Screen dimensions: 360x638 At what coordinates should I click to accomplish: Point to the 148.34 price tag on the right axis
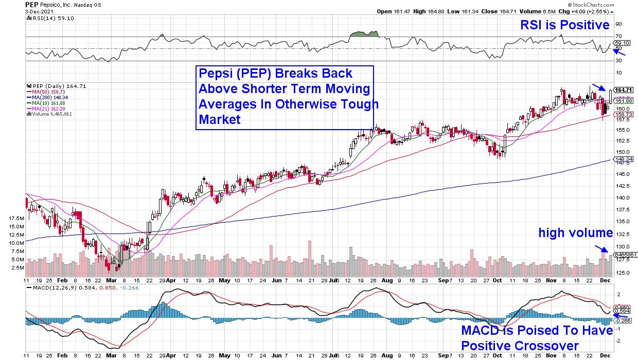(x=623, y=159)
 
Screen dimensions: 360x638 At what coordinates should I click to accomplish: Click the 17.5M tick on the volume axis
(x=16, y=218)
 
